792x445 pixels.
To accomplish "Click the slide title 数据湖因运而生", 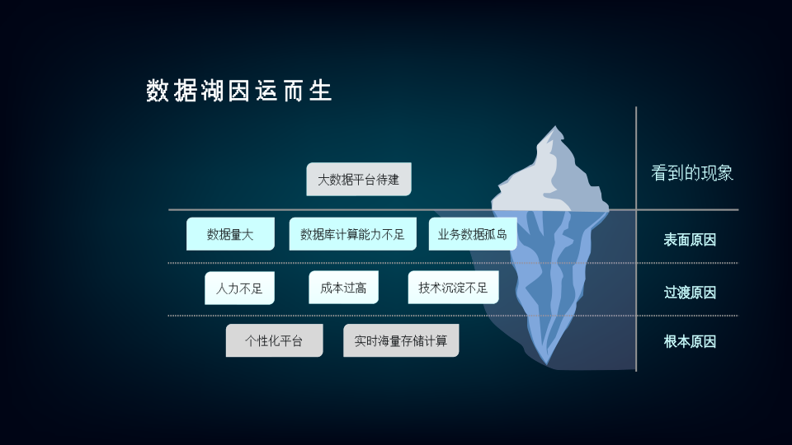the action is pos(239,91).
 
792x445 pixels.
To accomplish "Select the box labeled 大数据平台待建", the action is pos(359,179).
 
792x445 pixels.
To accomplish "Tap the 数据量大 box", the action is pos(230,233).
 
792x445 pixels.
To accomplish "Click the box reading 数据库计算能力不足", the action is pos(352,233).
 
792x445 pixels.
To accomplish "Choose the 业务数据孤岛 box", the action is pos(473,233).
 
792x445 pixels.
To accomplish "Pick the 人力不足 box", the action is pos(239,288).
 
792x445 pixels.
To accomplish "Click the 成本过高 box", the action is pos(343,288).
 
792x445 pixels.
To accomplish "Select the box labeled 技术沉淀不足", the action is pos(453,288).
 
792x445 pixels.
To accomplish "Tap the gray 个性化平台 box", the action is pos(274,340).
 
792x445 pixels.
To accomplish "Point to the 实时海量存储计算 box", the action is pos(401,340).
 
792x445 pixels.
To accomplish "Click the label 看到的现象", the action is pos(692,173).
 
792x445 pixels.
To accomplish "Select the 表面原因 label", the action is pos(690,240).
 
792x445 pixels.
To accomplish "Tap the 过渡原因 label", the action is pos(690,293).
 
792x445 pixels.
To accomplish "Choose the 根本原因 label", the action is pos(690,341).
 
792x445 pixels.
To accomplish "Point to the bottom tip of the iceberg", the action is pos(547,364).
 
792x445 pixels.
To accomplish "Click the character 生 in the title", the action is pos(320,91).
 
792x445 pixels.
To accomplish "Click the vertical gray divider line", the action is pos(636,239).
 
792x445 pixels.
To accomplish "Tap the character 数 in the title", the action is pos(157,91).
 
